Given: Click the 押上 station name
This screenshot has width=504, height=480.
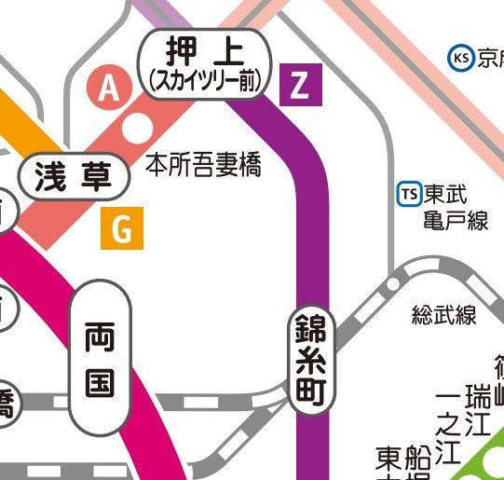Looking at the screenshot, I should [x=204, y=50].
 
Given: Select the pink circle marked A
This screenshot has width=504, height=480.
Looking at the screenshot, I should [x=110, y=89].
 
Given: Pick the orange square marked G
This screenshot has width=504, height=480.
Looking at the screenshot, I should [x=121, y=228].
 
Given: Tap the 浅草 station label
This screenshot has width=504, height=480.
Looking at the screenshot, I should [x=74, y=176].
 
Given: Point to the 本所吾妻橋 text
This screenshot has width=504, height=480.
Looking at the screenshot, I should [x=204, y=166].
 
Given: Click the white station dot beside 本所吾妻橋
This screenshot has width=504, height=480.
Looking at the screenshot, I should [x=138, y=127].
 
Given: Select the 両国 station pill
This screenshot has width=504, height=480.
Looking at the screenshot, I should [x=101, y=359].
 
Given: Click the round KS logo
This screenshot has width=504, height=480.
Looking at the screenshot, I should [x=460, y=59].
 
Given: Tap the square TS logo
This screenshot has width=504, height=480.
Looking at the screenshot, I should [x=408, y=194].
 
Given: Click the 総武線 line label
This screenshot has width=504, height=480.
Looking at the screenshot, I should [x=443, y=315].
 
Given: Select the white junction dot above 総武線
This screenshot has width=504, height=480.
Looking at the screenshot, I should [x=393, y=283].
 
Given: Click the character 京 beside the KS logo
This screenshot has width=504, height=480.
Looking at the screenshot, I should [x=490, y=60].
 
